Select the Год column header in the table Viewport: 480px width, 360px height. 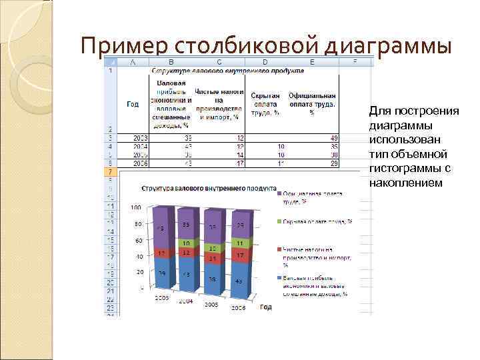[x=133, y=103]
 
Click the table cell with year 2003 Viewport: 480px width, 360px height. [x=140, y=138]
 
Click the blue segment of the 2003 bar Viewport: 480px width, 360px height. [x=161, y=274]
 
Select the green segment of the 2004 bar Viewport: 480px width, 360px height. [x=188, y=243]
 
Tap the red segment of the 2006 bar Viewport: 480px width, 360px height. [x=239, y=255]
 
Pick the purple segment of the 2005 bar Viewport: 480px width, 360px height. [x=213, y=227]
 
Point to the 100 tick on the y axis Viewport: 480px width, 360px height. [x=136, y=207]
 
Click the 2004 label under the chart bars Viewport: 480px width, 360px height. [x=186, y=301]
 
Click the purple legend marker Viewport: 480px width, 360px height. [x=278, y=194]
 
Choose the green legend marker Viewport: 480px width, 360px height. [x=278, y=221]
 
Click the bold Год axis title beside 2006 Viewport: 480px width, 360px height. [x=265, y=307]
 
